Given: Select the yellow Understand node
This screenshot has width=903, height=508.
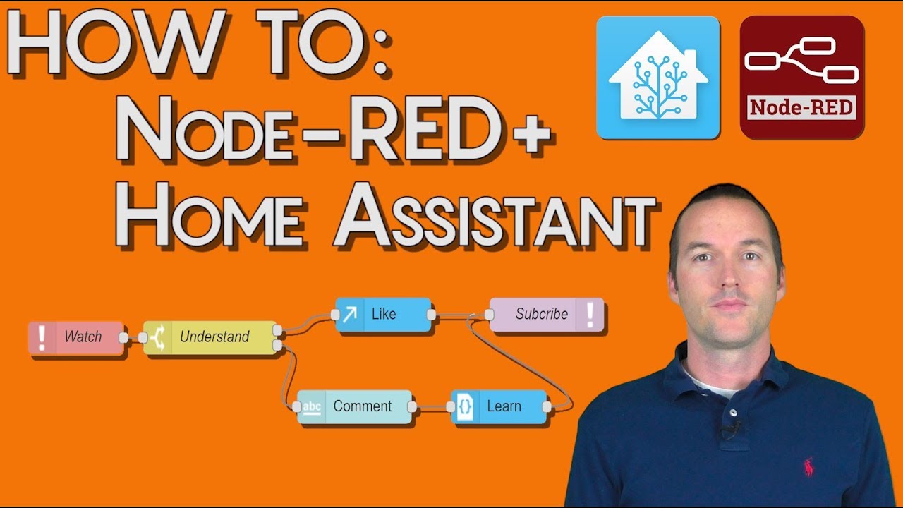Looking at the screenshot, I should point(210,337).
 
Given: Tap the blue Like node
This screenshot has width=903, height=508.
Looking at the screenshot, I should point(383,315).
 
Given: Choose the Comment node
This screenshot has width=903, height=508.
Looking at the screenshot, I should point(354,406).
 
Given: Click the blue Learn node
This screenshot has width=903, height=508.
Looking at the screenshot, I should point(499,406).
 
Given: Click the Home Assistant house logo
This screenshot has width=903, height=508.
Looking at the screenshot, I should point(657,78).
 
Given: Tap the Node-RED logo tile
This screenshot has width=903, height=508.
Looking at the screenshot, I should point(801,78).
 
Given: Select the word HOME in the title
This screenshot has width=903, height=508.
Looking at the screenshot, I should point(212,211).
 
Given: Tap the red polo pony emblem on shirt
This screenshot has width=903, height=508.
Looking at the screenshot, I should point(808,466).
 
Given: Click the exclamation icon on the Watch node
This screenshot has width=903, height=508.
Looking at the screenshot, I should point(42,337).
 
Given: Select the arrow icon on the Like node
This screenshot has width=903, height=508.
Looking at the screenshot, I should point(349,315).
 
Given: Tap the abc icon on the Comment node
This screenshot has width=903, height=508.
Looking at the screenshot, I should point(311,406).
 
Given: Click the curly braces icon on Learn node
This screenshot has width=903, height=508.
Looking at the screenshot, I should point(465,407).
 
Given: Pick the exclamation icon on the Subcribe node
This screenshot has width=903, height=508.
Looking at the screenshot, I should point(590,315).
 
